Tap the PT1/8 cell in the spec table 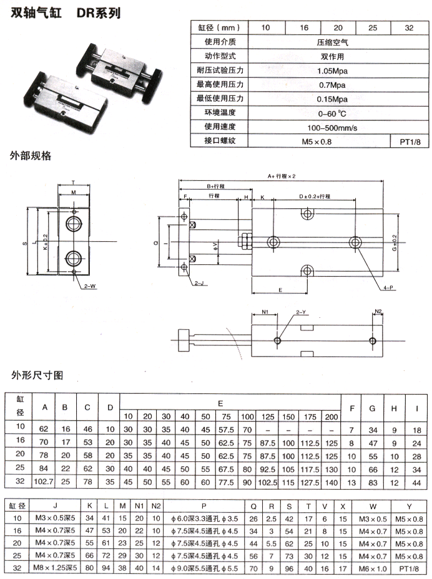pos(410,142)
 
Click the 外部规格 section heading pos(30,156)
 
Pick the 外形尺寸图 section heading pos(37,376)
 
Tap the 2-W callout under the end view pos(89,286)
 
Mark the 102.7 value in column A pos(44,482)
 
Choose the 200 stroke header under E pos(331,416)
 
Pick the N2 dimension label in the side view pos(378,311)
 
